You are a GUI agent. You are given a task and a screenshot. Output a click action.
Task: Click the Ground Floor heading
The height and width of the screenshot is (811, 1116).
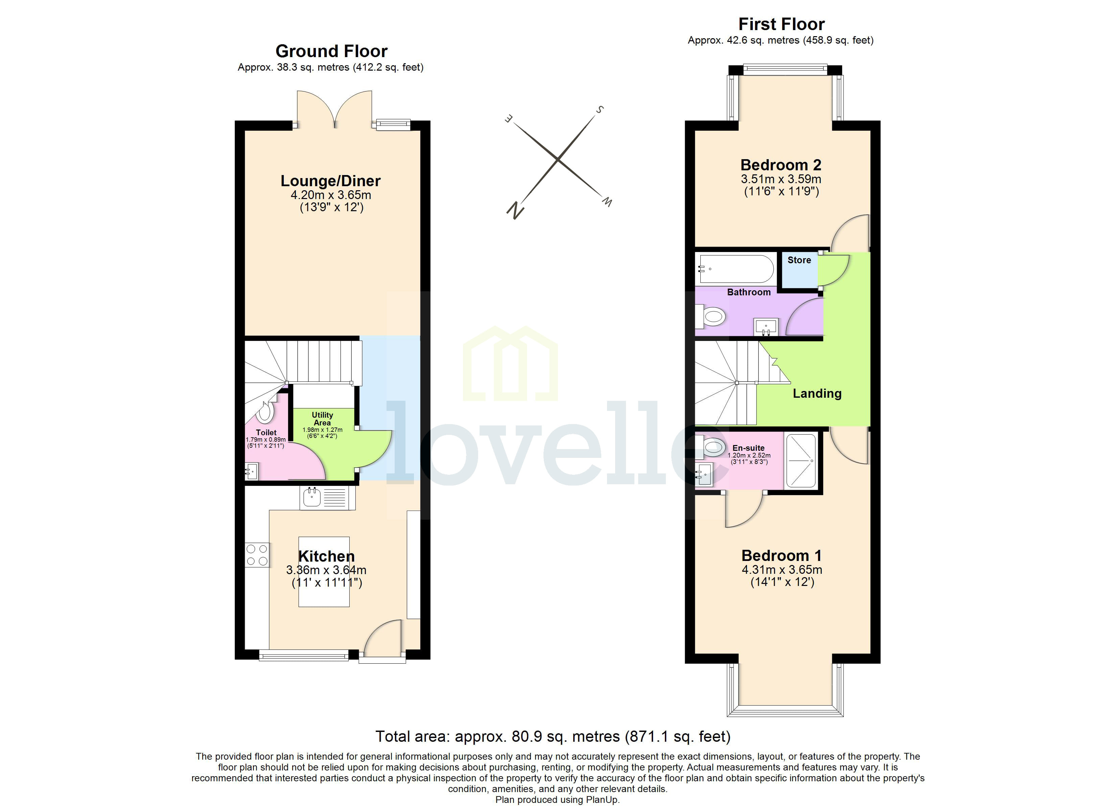coord(331,51)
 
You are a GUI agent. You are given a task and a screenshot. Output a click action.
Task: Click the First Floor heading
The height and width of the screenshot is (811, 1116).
coord(781,24)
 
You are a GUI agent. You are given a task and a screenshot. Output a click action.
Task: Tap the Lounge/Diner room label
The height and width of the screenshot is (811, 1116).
coord(330,181)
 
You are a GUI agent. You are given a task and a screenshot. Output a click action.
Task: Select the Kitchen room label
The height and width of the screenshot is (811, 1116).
coord(326,556)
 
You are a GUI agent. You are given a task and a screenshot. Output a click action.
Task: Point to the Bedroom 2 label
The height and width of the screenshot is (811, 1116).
coord(781,165)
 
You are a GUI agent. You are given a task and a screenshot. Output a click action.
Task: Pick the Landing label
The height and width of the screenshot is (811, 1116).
coord(817,393)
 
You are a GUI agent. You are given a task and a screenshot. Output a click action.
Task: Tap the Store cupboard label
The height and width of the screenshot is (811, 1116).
coord(799,260)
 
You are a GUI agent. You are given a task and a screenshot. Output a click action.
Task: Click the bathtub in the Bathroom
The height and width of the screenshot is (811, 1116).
coord(736,269)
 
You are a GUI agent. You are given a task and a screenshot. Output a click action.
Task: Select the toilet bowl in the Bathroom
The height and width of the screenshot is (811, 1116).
coord(713,316)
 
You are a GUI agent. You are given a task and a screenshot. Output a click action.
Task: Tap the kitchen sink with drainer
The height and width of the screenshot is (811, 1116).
coord(327,498)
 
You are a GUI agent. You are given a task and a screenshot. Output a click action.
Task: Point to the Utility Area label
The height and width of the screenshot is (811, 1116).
coord(322,419)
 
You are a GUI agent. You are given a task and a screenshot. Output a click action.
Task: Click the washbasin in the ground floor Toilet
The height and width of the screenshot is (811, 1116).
coord(252,471)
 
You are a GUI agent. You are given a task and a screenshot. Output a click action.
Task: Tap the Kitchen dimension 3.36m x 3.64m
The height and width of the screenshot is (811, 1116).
coord(326,570)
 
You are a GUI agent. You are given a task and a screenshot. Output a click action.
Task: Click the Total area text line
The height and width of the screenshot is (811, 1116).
coord(553,736)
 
